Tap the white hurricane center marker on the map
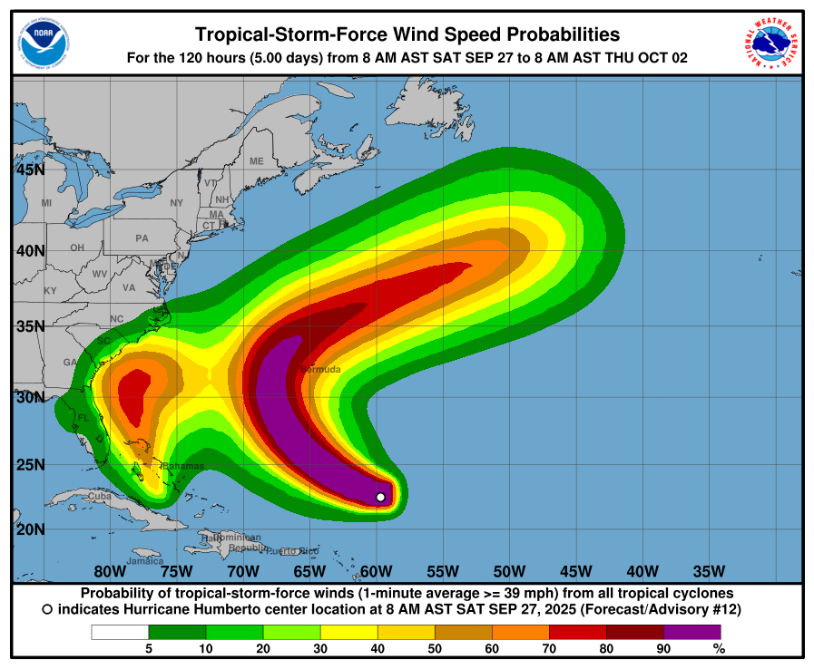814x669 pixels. click(381, 497)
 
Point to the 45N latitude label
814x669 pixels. click(30, 170)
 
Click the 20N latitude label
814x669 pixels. click(30, 529)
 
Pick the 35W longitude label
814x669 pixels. click(709, 571)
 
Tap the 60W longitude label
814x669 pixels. click(376, 571)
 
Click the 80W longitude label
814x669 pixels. click(109, 571)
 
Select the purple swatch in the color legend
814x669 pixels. click(691, 632)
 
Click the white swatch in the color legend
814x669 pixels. click(120, 632)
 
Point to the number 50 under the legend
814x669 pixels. click(435, 648)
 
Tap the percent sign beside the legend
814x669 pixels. click(719, 648)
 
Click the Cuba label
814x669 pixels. click(99, 497)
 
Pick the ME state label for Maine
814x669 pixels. click(257, 161)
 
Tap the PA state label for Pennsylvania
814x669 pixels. click(142, 238)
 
